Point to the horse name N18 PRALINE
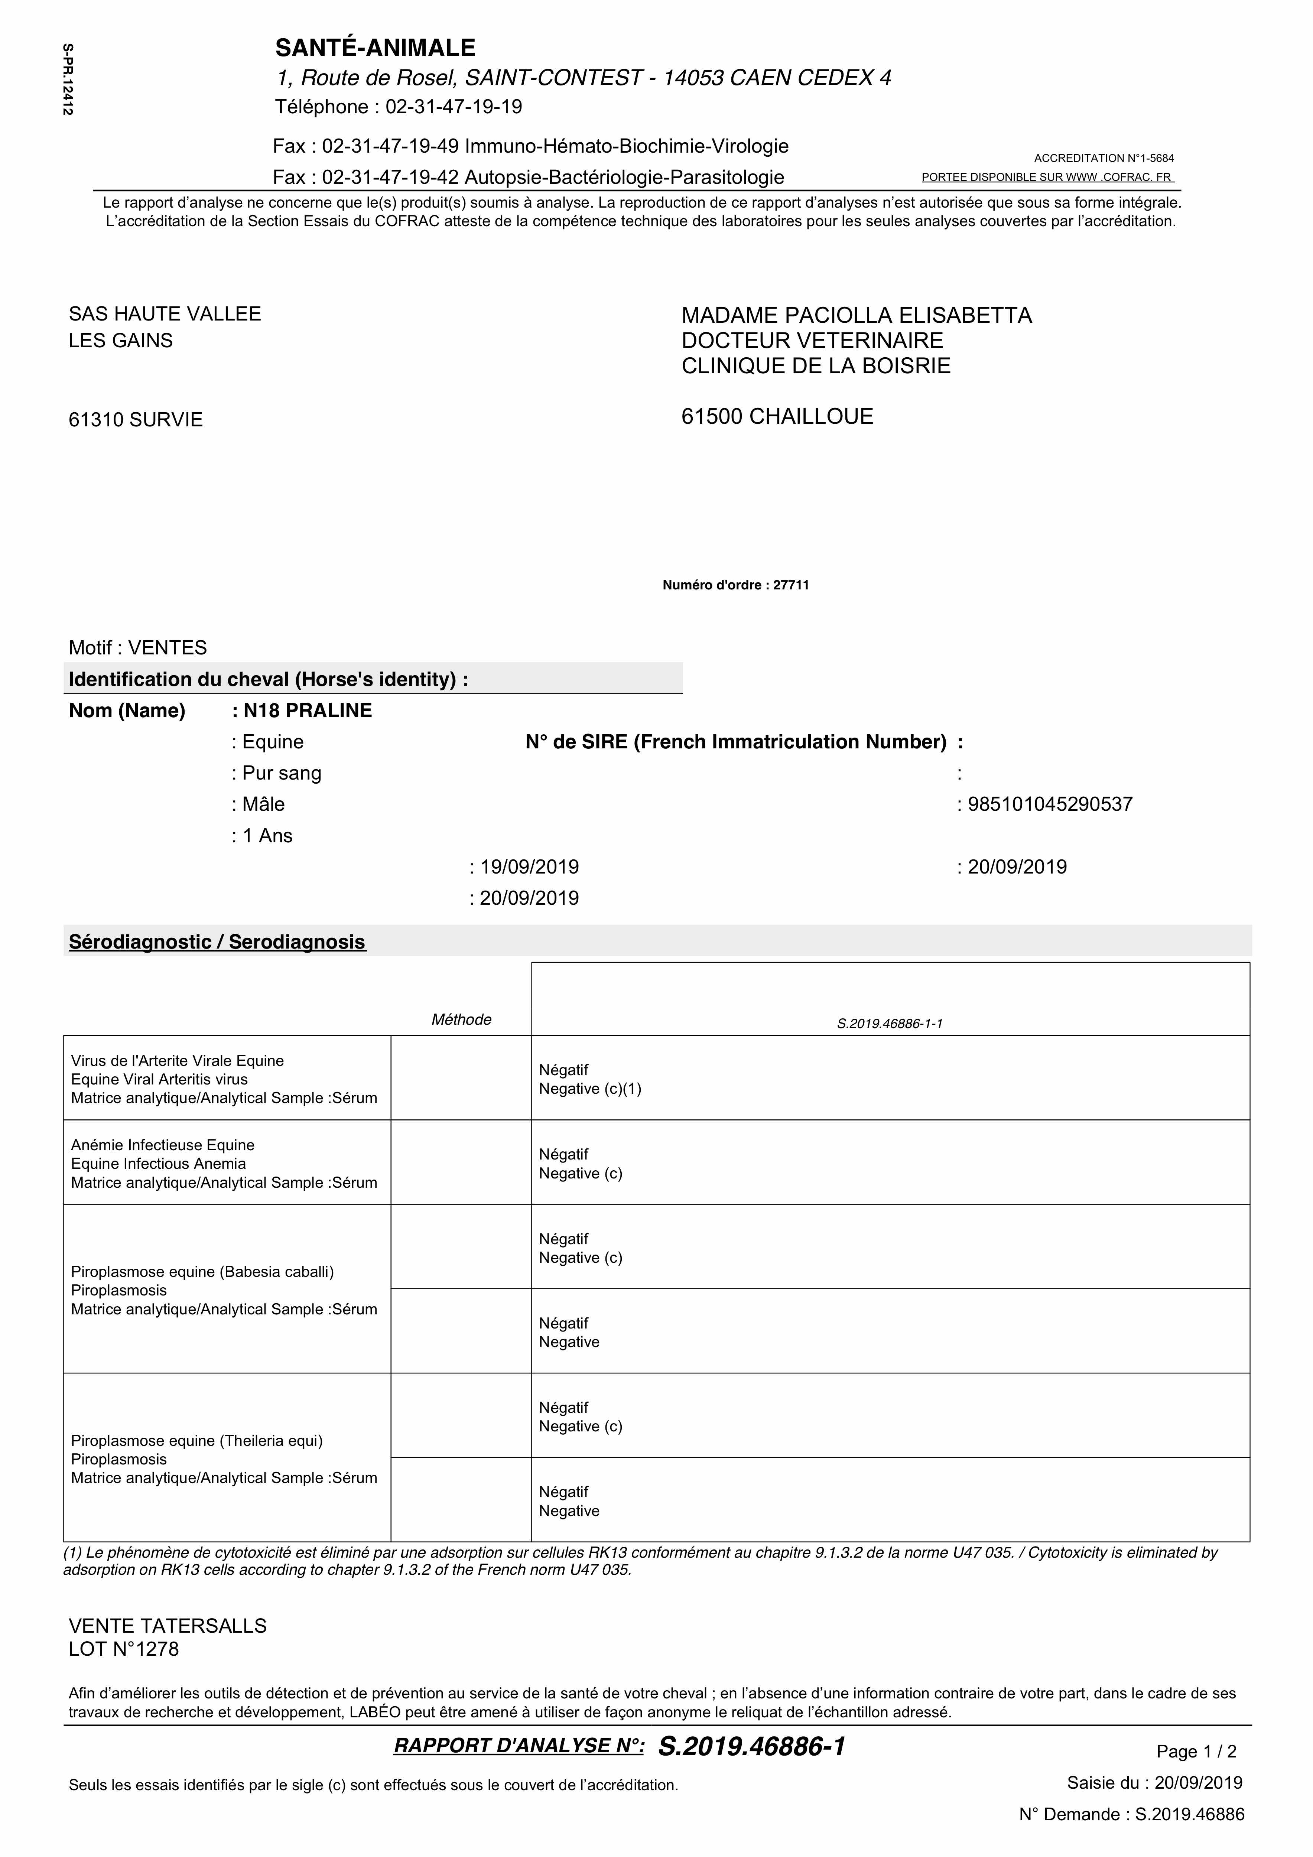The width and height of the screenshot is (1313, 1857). [x=308, y=711]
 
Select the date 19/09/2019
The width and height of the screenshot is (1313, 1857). [x=529, y=867]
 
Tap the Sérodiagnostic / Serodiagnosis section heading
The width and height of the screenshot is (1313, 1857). [x=217, y=942]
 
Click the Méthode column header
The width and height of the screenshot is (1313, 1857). [x=461, y=1020]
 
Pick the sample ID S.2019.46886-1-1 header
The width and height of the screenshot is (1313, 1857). [x=890, y=1024]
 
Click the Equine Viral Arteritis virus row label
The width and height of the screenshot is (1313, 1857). [x=159, y=1080]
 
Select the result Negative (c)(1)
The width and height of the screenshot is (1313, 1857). [x=590, y=1089]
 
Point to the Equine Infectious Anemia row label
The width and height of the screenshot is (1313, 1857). [x=159, y=1164]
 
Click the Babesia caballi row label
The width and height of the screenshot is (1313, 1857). [x=202, y=1271]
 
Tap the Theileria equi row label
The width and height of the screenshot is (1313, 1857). [x=196, y=1440]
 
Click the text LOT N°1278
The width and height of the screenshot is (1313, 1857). [x=124, y=1649]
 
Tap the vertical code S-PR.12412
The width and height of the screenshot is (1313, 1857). [x=68, y=79]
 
